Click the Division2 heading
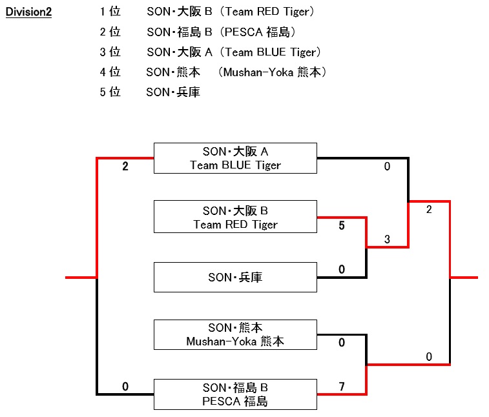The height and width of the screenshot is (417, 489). pyautogui.click(x=28, y=12)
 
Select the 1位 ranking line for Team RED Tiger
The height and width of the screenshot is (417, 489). pyautogui.click(x=207, y=12)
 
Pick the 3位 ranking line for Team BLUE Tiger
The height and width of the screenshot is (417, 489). pyautogui.click(x=211, y=52)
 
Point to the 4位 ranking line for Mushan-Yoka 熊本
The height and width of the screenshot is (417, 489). pyautogui.click(x=213, y=72)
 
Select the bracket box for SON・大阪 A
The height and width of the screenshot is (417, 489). pyautogui.click(x=235, y=158)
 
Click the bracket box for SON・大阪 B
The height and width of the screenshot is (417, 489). pyautogui.click(x=235, y=217)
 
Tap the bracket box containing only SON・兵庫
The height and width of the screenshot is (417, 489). pyautogui.click(x=235, y=277)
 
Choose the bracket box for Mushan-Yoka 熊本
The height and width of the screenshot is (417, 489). pyautogui.click(x=235, y=334)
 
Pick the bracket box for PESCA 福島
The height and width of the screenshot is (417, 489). pyautogui.click(x=235, y=394)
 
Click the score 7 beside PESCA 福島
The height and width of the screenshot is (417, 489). pyautogui.click(x=342, y=387)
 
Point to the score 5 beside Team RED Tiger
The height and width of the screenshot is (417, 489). pyautogui.click(x=342, y=226)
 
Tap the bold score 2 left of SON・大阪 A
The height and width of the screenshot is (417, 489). pyautogui.click(x=125, y=167)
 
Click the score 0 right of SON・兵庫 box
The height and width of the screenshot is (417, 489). pyautogui.click(x=342, y=269)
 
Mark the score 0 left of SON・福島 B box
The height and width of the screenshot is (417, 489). pyautogui.click(x=125, y=387)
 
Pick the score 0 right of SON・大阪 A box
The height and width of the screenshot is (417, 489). pyautogui.click(x=387, y=167)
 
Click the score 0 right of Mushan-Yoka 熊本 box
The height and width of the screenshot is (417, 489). pyautogui.click(x=342, y=343)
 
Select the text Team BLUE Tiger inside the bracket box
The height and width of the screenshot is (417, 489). pyautogui.click(x=235, y=165)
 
